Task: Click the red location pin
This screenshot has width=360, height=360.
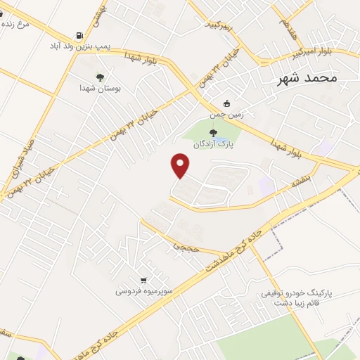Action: (x=181, y=166)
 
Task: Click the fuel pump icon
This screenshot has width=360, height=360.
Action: (x=79, y=34)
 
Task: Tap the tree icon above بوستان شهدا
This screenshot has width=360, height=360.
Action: (x=99, y=77)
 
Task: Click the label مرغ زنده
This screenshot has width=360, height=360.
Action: (x=15, y=23)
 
